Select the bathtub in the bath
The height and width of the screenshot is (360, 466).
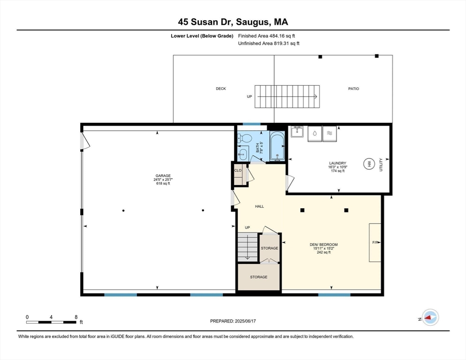[x=277, y=146]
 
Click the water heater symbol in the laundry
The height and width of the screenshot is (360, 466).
[x=368, y=164]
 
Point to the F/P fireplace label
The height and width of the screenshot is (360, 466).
[x=375, y=242]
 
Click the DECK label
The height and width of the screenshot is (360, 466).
[x=221, y=89]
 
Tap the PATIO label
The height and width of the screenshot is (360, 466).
[x=353, y=89]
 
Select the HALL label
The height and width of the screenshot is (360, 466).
[x=259, y=206]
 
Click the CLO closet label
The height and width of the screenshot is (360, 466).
[x=238, y=170]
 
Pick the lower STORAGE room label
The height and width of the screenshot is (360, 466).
[x=258, y=277]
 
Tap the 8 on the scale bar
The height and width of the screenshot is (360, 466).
[x=76, y=317]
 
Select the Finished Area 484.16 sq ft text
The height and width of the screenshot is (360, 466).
[x=267, y=36]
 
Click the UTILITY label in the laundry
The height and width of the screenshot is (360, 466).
[x=381, y=164]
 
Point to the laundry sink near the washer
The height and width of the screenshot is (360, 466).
[x=297, y=132]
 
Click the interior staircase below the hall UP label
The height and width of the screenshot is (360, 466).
[x=248, y=247]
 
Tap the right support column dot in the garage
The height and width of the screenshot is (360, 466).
[x=203, y=210]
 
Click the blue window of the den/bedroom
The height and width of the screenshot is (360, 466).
[x=334, y=295]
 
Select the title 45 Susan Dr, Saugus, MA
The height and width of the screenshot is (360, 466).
[x=233, y=22]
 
